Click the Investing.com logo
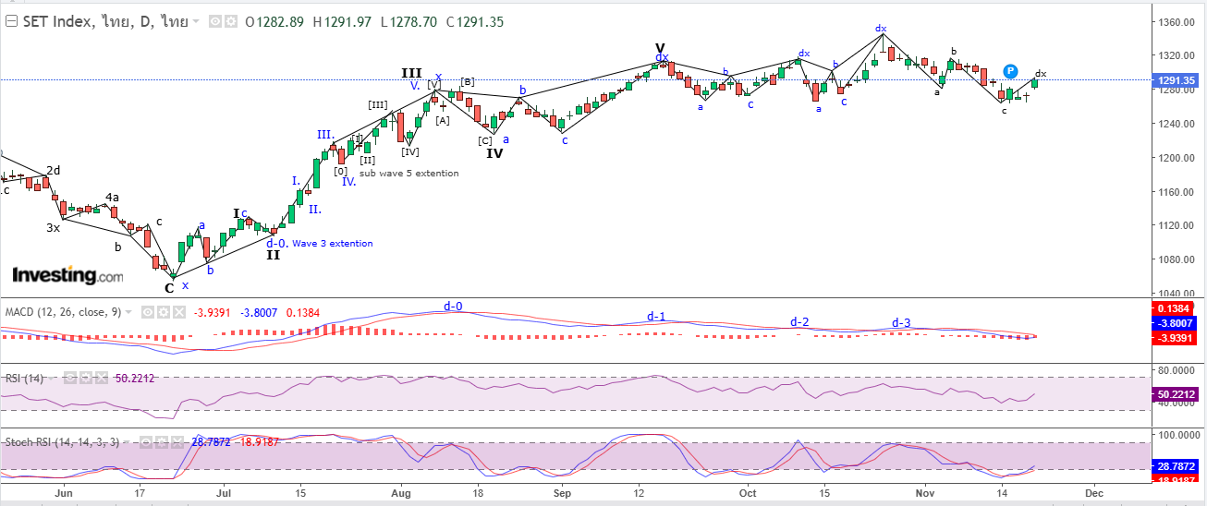(x=67, y=275)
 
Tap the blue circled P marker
(x=1011, y=71)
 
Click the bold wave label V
(x=660, y=48)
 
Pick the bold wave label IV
(x=495, y=153)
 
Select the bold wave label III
(x=411, y=73)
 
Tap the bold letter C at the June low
(x=169, y=287)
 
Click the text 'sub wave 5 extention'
(x=408, y=174)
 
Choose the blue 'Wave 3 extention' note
(x=333, y=244)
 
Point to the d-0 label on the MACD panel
(x=453, y=306)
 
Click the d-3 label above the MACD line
(x=901, y=322)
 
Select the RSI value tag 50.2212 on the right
(x=1178, y=394)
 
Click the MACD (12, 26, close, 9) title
(x=63, y=313)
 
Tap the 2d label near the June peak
(x=54, y=170)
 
